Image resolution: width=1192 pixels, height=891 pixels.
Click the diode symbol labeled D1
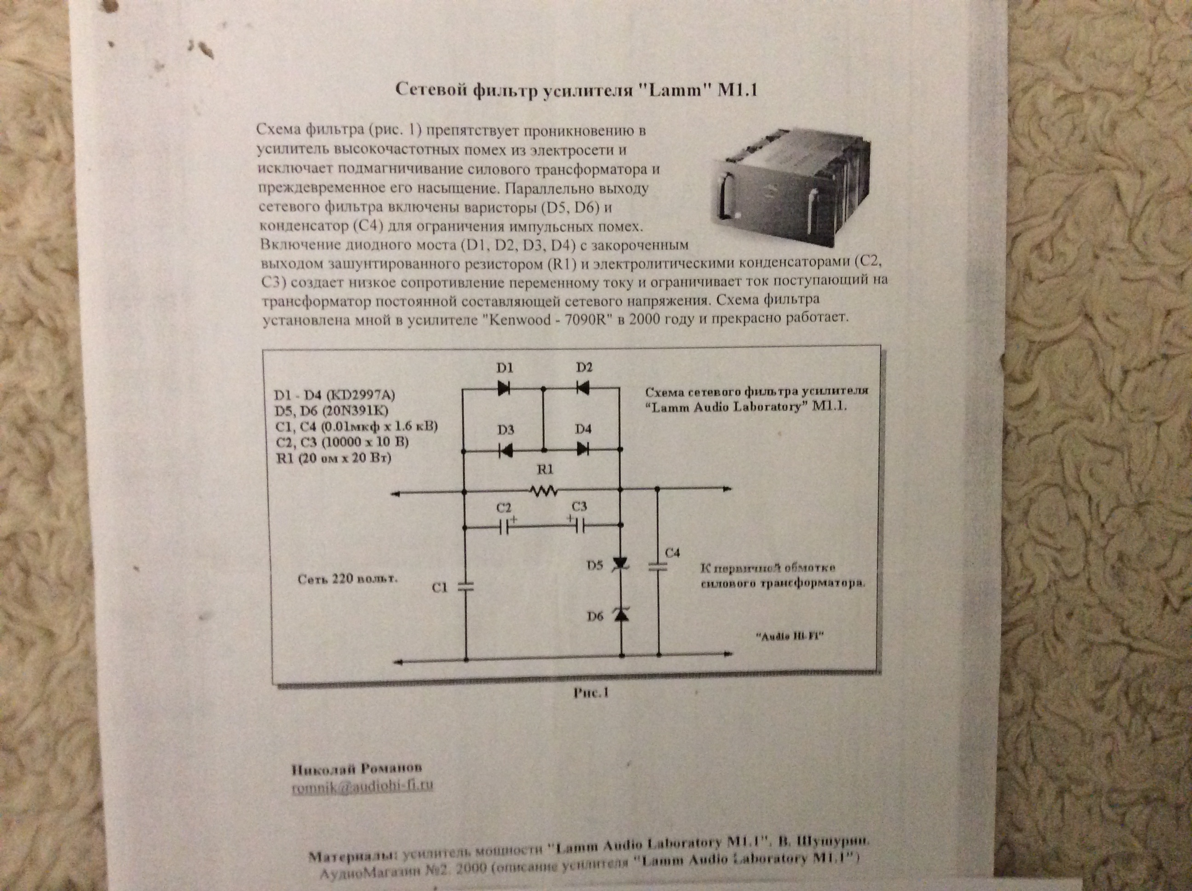[504, 388]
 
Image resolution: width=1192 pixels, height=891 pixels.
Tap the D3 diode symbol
[505, 450]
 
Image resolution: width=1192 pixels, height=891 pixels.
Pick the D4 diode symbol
[583, 449]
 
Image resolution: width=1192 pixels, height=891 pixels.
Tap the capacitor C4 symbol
[658, 567]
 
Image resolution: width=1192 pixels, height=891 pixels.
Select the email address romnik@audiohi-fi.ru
[362, 787]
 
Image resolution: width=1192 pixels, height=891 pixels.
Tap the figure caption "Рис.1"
[590, 693]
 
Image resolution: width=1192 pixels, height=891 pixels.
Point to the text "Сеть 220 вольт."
[348, 579]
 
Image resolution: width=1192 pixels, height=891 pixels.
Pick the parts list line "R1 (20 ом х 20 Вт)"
[333, 458]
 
